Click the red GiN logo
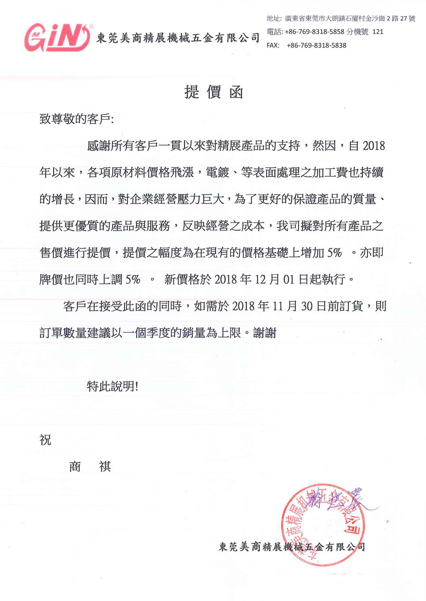[58, 37]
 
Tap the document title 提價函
[213, 92]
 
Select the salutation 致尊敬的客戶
[76, 119]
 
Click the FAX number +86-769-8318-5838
[316, 45]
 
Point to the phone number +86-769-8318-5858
[314, 32]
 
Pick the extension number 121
[377, 32]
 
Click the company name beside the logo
[178, 38]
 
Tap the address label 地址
[273, 18]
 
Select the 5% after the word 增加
[334, 253]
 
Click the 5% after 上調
[133, 280]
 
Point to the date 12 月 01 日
[281, 280]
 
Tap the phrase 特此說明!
[112, 387]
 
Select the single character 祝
[45, 440]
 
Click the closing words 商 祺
[90, 467]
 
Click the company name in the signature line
[292, 547]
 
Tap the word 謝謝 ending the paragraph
[265, 333]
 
